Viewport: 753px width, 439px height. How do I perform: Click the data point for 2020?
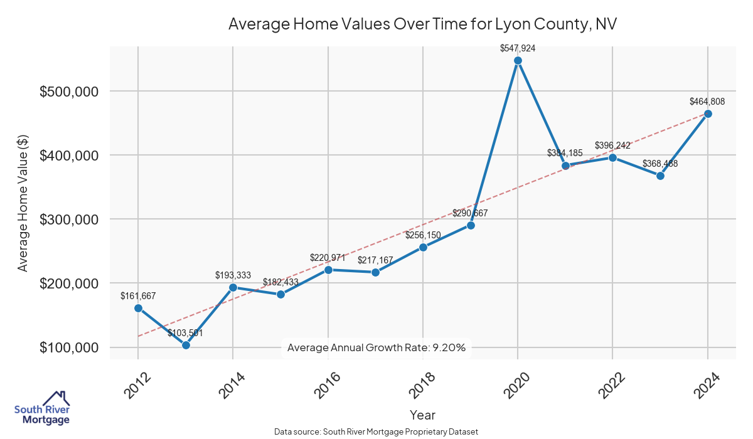[x=518, y=60]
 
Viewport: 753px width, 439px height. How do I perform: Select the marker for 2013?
[x=186, y=345]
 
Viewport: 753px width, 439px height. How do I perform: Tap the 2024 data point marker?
[x=708, y=114]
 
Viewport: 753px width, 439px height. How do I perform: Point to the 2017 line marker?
[x=375, y=272]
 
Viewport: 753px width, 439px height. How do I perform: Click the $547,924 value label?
[x=518, y=48]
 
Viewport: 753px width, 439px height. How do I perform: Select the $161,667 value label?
[x=138, y=296]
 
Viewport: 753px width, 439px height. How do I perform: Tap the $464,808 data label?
[x=707, y=101]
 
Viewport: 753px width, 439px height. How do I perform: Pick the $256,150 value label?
[x=423, y=235]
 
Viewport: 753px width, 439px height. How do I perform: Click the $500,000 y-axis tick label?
[x=69, y=92]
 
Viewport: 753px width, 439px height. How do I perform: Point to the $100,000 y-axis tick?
[x=69, y=347]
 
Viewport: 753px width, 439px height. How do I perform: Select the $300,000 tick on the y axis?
[x=69, y=219]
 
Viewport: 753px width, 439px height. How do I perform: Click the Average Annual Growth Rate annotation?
[x=376, y=347]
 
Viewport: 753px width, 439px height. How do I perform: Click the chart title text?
[x=423, y=24]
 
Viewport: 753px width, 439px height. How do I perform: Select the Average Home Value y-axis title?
[x=23, y=202]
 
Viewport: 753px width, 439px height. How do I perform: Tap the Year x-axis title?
[x=422, y=415]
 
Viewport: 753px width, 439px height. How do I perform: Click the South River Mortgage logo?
[x=42, y=408]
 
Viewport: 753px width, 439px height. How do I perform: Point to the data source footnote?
[x=376, y=431]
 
